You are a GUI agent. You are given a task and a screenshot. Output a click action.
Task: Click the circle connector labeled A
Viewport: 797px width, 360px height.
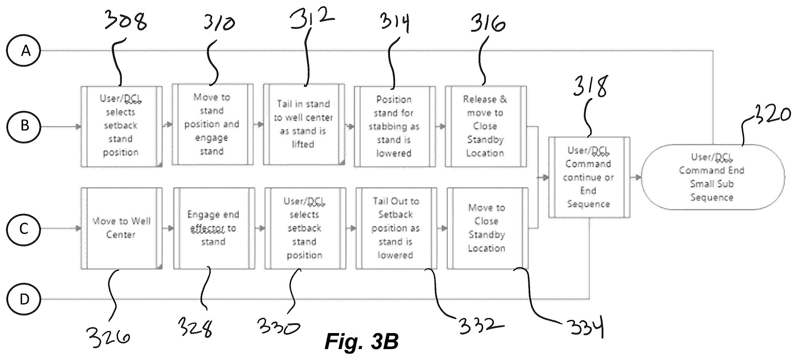(x=24, y=50)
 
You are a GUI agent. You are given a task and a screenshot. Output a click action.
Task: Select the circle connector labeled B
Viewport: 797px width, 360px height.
(x=24, y=126)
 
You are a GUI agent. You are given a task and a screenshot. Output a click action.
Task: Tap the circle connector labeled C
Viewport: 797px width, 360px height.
(x=24, y=229)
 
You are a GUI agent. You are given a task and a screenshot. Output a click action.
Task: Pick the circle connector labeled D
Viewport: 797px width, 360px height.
(x=24, y=299)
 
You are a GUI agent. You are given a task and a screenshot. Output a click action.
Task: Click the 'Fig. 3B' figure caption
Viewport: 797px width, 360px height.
(x=361, y=341)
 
